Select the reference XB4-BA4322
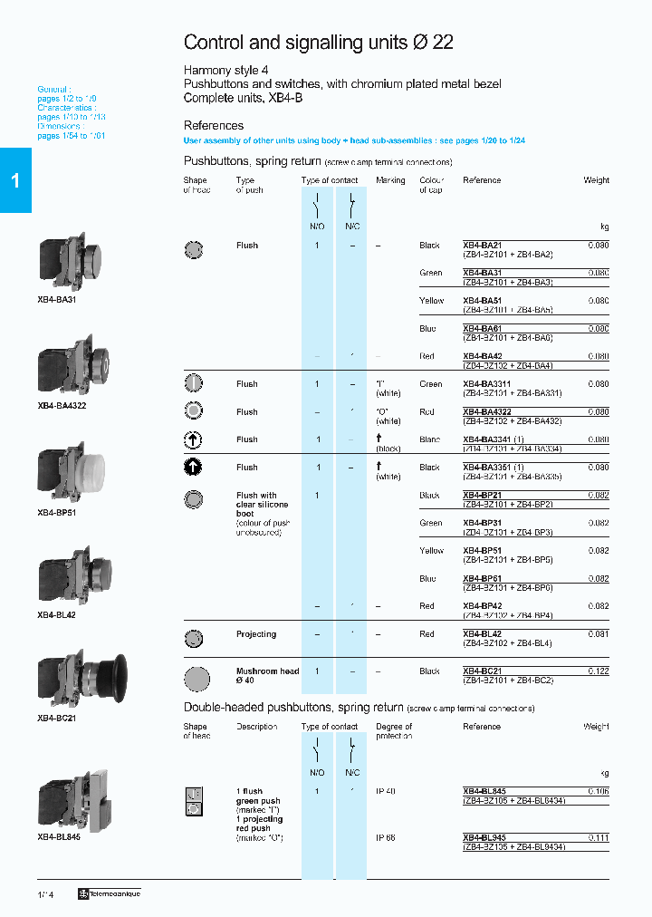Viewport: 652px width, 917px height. click(x=487, y=412)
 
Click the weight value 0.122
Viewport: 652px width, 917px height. click(x=598, y=671)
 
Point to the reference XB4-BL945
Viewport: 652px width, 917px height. click(x=484, y=838)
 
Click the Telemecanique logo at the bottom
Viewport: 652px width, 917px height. click(x=110, y=894)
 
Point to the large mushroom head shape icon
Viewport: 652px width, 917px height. click(x=196, y=677)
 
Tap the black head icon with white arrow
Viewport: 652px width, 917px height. click(x=193, y=468)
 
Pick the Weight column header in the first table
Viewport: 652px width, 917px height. click(x=596, y=180)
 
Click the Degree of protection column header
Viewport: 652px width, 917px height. click(x=394, y=731)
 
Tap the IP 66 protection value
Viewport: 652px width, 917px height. click(x=386, y=838)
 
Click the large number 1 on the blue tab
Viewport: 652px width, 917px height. click(x=15, y=181)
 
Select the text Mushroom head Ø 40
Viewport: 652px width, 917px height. click(x=267, y=676)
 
